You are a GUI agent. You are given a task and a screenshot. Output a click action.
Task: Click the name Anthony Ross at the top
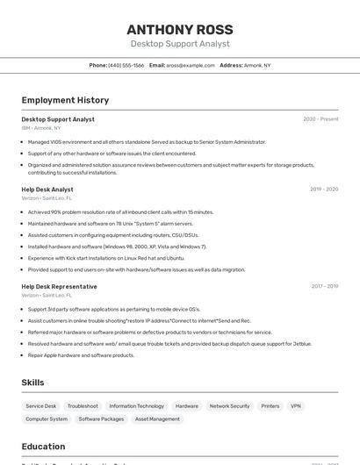click(180, 29)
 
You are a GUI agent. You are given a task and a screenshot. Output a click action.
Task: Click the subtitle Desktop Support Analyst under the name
click(180, 44)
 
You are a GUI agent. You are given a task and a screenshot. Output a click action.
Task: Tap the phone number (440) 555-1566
click(126, 66)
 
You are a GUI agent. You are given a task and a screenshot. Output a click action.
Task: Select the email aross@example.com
click(191, 66)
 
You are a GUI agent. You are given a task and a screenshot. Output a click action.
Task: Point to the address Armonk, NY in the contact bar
click(257, 66)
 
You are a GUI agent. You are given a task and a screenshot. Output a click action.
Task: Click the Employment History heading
click(65, 100)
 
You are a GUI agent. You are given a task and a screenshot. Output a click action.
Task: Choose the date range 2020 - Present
click(320, 119)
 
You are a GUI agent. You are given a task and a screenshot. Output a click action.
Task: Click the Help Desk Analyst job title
click(47, 190)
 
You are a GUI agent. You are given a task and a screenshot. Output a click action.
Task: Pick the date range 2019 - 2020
click(324, 190)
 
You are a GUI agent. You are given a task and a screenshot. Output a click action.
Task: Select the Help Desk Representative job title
click(59, 287)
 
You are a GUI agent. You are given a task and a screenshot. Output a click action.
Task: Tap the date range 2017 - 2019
click(324, 287)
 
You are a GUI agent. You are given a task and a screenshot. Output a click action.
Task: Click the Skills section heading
click(32, 383)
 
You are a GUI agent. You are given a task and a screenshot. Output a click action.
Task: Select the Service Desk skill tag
click(41, 406)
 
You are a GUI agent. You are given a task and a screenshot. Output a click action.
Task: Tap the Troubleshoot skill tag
click(83, 406)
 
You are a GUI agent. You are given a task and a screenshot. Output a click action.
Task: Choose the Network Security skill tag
click(229, 406)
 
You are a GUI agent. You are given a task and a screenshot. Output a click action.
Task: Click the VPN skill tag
click(296, 406)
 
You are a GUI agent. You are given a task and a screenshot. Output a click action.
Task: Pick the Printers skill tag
click(270, 406)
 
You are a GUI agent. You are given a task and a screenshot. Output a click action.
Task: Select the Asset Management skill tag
click(157, 419)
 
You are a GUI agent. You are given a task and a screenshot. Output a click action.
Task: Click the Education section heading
click(43, 447)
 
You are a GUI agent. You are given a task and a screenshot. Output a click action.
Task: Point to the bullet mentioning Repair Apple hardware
click(81, 355)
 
